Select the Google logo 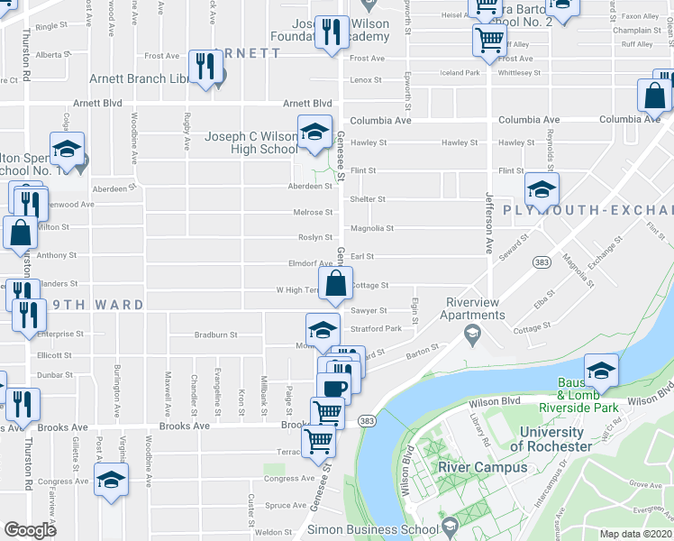click(x=30, y=530)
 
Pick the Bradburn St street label click(x=215, y=335)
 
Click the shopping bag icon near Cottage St click(x=335, y=283)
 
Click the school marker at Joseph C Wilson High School click(x=314, y=132)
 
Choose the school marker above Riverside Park click(x=601, y=370)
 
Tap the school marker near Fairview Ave click(x=111, y=481)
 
